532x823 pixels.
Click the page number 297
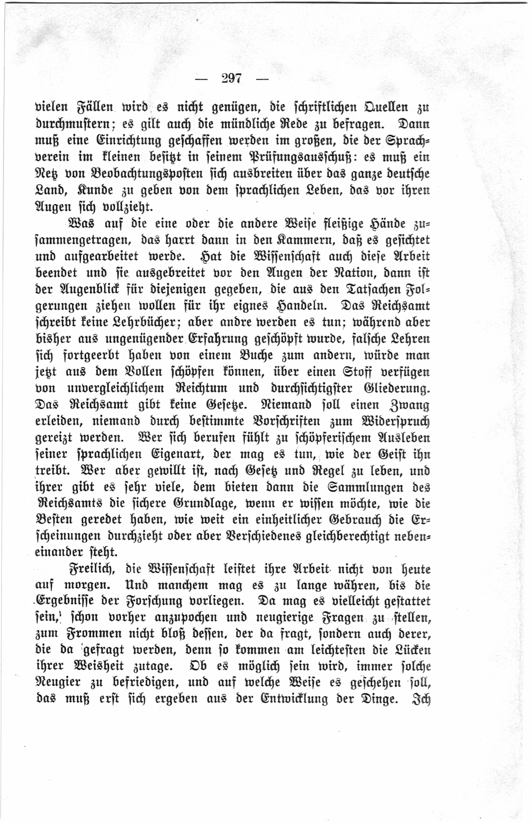click(231, 79)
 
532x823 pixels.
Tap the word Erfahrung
click(217, 339)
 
